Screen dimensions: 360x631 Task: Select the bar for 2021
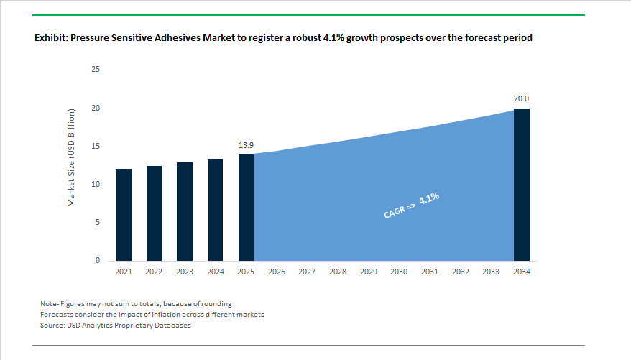click(123, 215)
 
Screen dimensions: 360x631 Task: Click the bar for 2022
click(154, 213)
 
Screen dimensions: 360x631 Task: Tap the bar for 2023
click(185, 212)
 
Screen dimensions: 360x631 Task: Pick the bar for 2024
click(215, 210)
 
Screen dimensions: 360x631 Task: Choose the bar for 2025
click(246, 208)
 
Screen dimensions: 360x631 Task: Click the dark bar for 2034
click(522, 185)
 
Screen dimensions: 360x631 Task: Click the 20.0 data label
click(522, 98)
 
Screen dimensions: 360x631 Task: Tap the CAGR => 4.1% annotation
click(410, 206)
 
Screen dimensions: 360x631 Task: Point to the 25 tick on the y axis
click(96, 70)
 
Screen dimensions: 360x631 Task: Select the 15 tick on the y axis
click(96, 147)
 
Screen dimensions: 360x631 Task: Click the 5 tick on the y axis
click(98, 223)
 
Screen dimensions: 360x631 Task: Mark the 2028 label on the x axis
click(338, 272)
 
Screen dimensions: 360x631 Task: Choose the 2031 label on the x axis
click(430, 272)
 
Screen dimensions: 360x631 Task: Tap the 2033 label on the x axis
click(491, 272)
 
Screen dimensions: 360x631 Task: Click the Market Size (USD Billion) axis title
click(72, 158)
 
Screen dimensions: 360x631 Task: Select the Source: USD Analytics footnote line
click(116, 326)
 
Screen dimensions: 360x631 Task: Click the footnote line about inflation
click(152, 315)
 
